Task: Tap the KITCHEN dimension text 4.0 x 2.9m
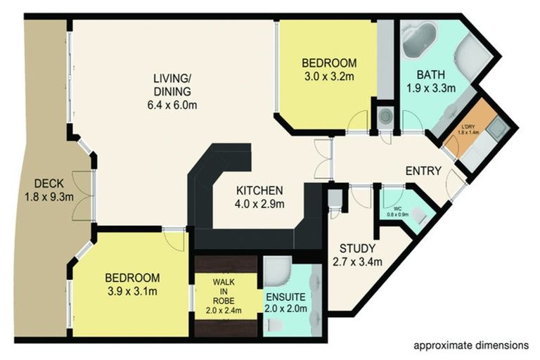[x=259, y=205]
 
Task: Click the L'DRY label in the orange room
[x=469, y=127]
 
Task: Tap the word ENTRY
[x=423, y=171]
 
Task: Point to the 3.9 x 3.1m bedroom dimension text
[x=132, y=291]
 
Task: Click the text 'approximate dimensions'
[x=470, y=346]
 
